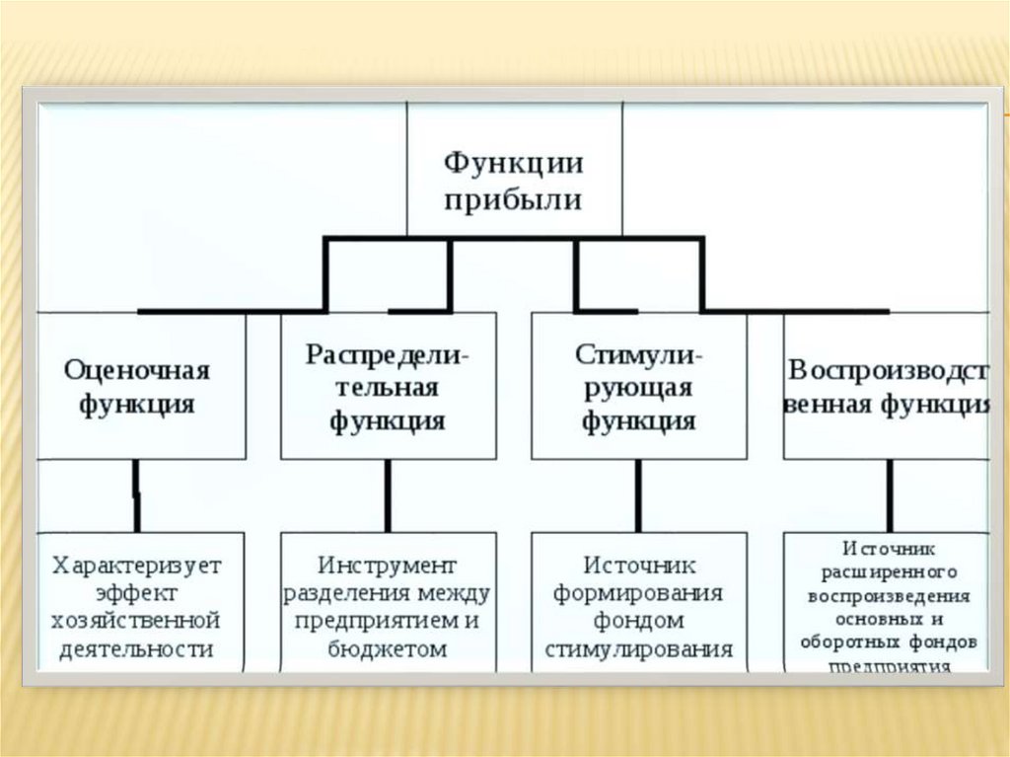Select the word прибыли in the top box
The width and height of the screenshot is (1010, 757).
[513, 200]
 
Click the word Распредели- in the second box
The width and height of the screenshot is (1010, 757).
[388, 354]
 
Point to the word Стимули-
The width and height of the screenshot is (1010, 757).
[637, 354]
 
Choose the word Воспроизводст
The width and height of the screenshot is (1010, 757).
[888, 370]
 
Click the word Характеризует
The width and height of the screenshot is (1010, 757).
[137, 566]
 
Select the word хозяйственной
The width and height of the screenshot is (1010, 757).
[137, 621]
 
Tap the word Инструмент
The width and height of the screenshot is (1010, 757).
[388, 566]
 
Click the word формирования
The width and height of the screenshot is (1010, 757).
[637, 593]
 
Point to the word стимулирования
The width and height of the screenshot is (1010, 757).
[637, 649]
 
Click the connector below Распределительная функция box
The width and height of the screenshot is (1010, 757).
[388, 495]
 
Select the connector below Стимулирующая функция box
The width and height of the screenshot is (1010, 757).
[638, 495]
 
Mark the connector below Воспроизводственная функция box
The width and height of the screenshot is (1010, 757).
[890, 495]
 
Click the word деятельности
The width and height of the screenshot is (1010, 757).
[137, 648]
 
